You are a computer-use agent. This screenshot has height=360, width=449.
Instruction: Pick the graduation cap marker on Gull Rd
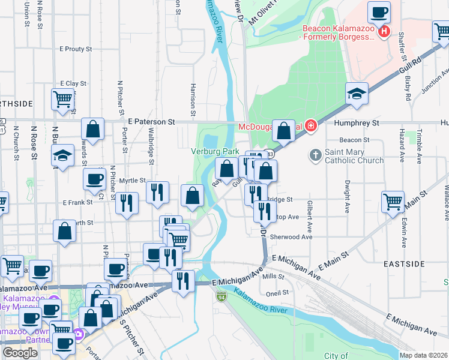[x=357, y=94]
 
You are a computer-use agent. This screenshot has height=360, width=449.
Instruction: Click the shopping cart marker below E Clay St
[x=62, y=100]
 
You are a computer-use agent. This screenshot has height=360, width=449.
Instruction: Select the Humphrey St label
[x=359, y=122]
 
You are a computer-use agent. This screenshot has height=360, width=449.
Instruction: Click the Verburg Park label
[x=211, y=151]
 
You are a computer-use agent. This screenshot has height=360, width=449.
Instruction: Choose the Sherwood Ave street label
[x=292, y=237]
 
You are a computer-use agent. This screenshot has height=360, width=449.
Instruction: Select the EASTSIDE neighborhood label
[x=407, y=264]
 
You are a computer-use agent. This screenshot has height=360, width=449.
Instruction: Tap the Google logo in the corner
[x=20, y=353]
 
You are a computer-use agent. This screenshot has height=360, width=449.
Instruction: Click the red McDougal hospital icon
[x=310, y=126]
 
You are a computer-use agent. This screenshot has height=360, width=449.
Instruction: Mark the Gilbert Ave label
[x=310, y=216]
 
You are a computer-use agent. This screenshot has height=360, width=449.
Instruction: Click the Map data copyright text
[x=424, y=355]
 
